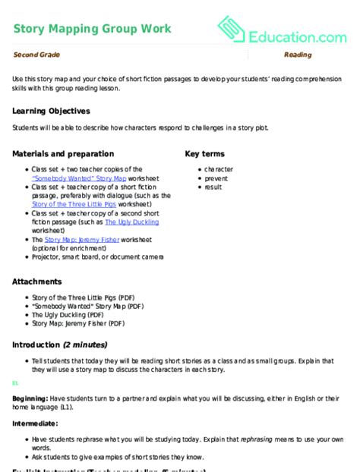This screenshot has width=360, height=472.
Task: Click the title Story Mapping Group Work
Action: point(92,29)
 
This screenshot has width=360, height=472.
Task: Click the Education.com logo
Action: point(283,31)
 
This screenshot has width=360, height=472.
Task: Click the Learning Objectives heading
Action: point(50,110)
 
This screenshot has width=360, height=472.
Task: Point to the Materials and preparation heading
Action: point(63,153)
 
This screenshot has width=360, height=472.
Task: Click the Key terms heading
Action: point(207,153)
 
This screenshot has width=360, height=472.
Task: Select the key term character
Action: point(219,169)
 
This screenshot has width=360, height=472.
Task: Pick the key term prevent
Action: point(217,178)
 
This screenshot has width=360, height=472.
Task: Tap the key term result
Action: point(214,187)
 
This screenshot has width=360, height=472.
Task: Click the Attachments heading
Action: point(37,282)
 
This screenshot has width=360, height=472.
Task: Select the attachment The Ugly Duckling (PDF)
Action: point(67,313)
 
